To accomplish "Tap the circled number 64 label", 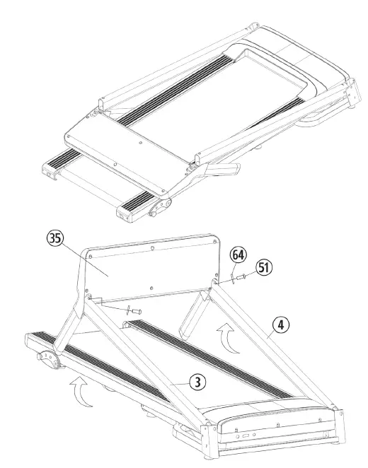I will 238,254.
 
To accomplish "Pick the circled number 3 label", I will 199,382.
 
